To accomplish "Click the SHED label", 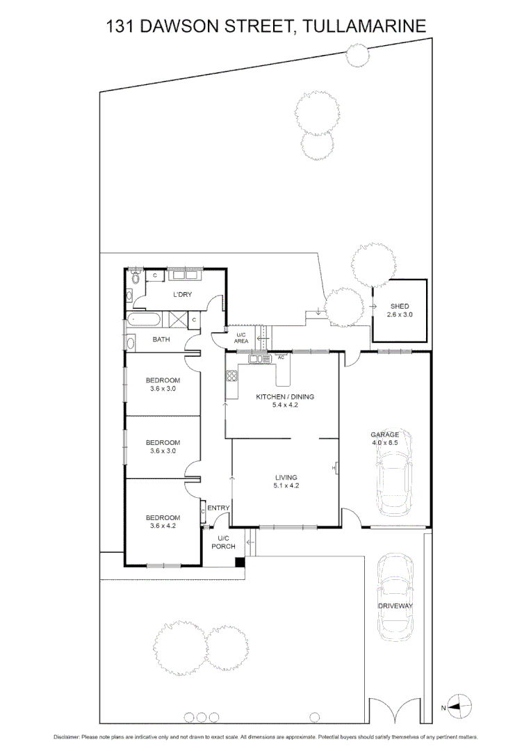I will click(x=400, y=306).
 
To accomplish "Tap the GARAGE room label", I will click(x=384, y=434).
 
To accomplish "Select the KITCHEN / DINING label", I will click(x=285, y=396).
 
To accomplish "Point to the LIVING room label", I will click(x=286, y=478).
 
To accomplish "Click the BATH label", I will click(x=161, y=339).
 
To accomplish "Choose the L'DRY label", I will click(x=182, y=295).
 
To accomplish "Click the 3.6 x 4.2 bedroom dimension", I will click(x=162, y=526).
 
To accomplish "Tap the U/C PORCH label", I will click(x=224, y=542).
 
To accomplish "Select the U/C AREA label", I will click(x=241, y=339).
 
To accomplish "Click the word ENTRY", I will click(x=218, y=508).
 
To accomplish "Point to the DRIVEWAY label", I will click(x=395, y=606).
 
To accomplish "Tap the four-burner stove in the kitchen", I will click(x=231, y=376).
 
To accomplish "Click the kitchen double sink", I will click(x=258, y=359).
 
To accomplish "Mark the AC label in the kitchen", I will click(x=281, y=357).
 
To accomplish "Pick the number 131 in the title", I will click(x=120, y=26).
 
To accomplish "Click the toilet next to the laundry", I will click(x=136, y=277).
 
